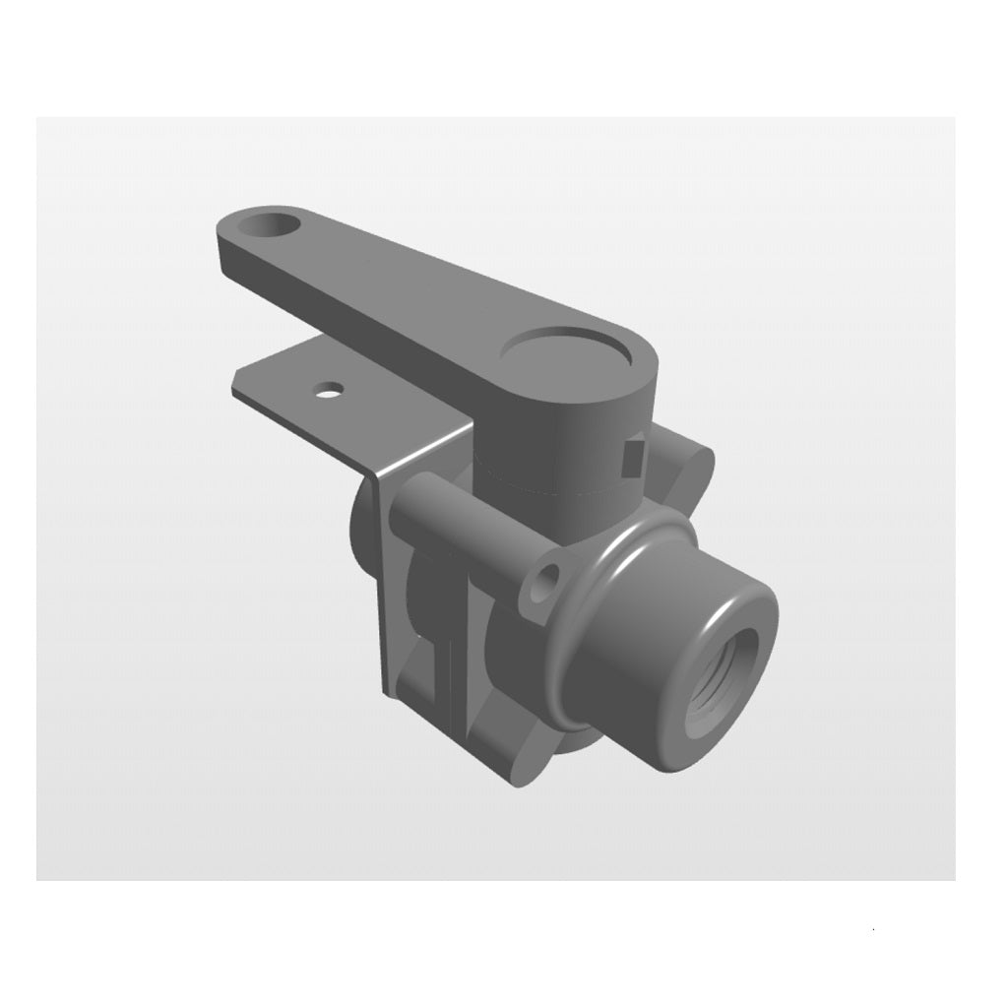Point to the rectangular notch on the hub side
634,455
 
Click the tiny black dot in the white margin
873,928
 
